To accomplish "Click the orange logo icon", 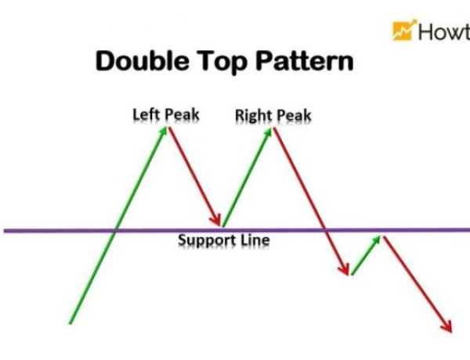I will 403,31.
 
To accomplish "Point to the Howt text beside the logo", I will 443,31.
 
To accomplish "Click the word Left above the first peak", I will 146,115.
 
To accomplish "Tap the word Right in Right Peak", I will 253,117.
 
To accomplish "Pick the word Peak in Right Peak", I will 293,117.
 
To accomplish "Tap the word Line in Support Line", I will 254,239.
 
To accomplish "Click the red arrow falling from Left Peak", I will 195,177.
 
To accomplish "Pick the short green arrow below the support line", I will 367,254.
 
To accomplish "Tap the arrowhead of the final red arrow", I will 448,326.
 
